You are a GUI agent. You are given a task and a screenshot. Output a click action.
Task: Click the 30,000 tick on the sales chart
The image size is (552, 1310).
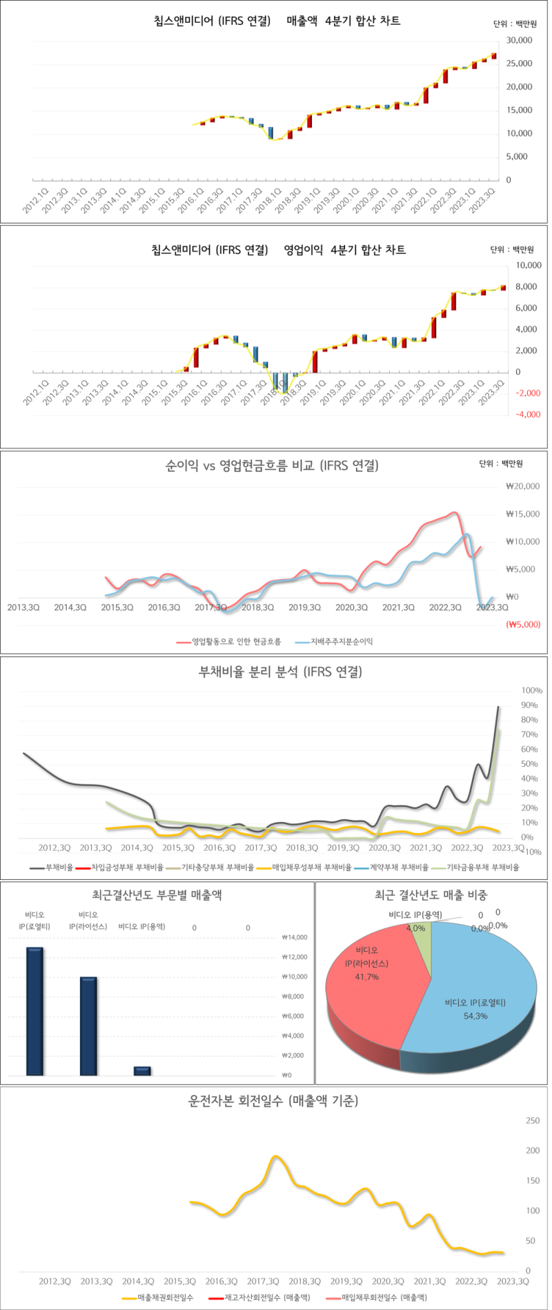pyautogui.click(x=519, y=41)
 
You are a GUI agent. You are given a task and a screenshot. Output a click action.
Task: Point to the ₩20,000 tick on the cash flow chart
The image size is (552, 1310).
pyautogui.click(x=522, y=486)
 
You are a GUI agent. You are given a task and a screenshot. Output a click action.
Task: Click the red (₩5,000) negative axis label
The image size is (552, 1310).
pyautogui.click(x=523, y=625)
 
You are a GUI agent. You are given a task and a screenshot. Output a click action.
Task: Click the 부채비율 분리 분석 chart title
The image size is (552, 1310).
pyautogui.click(x=280, y=672)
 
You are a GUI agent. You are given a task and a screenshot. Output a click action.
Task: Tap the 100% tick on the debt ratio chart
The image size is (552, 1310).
pyautogui.click(x=531, y=690)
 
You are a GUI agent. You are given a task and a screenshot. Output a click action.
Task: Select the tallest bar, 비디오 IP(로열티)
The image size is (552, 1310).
pyautogui.click(x=34, y=1011)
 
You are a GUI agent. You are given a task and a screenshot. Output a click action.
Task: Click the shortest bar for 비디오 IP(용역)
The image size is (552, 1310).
pyautogui.click(x=142, y=1071)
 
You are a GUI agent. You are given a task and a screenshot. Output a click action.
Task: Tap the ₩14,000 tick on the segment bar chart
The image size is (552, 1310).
pyautogui.click(x=295, y=937)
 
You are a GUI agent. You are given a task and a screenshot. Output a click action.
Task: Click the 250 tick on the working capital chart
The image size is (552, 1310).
pyautogui.click(x=533, y=1120)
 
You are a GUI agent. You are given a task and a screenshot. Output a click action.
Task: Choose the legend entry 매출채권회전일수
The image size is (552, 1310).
pyautogui.click(x=165, y=1298)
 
